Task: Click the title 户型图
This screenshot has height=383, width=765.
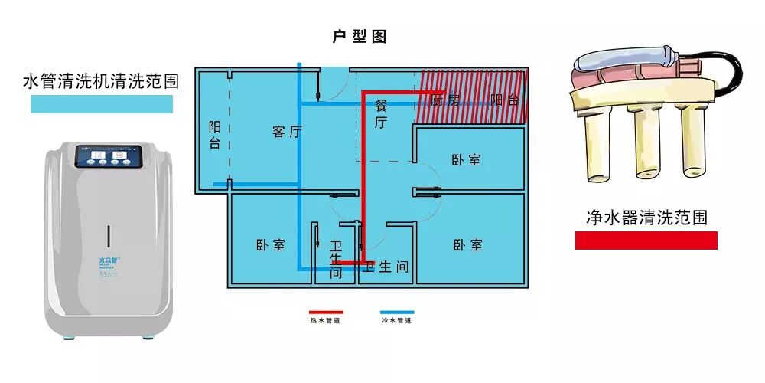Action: click(x=360, y=37)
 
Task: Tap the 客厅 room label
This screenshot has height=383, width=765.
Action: click(x=287, y=132)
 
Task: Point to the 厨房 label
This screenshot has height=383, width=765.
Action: click(x=444, y=100)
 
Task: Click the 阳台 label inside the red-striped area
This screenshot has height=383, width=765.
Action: click(x=505, y=100)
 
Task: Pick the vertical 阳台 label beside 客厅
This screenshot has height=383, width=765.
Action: click(x=215, y=135)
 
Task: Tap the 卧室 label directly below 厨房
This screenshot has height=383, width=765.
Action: click(x=466, y=160)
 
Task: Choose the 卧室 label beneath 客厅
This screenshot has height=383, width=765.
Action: click(x=270, y=245)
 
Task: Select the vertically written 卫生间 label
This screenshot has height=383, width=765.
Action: click(x=336, y=260)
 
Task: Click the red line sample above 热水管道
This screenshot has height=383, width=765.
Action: click(x=326, y=313)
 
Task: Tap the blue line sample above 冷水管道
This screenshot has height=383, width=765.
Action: click(x=397, y=313)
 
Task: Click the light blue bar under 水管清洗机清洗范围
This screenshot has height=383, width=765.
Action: click(x=101, y=105)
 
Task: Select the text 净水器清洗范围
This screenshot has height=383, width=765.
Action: click(x=646, y=218)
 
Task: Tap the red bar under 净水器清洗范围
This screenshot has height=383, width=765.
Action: click(x=646, y=241)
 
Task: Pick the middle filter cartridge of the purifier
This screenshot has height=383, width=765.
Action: click(x=644, y=146)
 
